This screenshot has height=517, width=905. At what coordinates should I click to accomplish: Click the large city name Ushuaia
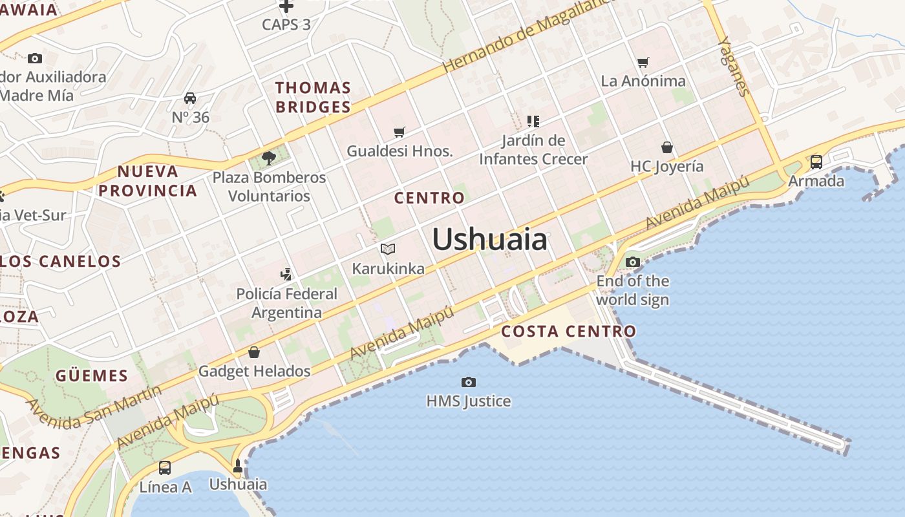point(489,240)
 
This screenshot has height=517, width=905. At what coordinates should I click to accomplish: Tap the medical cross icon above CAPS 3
point(286,6)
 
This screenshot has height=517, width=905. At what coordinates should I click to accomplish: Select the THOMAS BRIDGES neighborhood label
point(314,98)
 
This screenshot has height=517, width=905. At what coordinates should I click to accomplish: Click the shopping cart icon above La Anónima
point(643,62)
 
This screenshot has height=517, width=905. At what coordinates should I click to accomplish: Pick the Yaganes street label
point(734,65)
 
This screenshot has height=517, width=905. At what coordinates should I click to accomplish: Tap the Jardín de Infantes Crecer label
point(533,150)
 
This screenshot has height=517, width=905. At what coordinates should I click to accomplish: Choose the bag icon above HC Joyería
point(667,147)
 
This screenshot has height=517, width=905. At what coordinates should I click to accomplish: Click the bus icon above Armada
point(816,162)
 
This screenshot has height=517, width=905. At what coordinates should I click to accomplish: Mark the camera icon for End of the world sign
point(633,262)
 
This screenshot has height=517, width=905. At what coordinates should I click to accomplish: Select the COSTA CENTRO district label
point(569,332)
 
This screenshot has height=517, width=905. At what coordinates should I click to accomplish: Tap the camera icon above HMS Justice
point(469,382)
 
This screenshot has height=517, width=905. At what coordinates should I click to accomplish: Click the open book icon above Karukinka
point(388,249)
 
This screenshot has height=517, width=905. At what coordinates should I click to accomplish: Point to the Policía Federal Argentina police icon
point(286,275)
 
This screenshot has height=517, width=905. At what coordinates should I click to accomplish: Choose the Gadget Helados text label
point(254,371)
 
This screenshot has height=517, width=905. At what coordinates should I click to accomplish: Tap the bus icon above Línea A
point(165,467)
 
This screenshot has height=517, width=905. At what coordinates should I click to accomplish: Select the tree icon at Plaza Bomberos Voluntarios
point(269,158)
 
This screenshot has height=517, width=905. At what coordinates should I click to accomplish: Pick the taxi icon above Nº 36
point(190,98)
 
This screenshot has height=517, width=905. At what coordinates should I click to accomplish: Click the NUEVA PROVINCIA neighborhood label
point(148,181)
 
